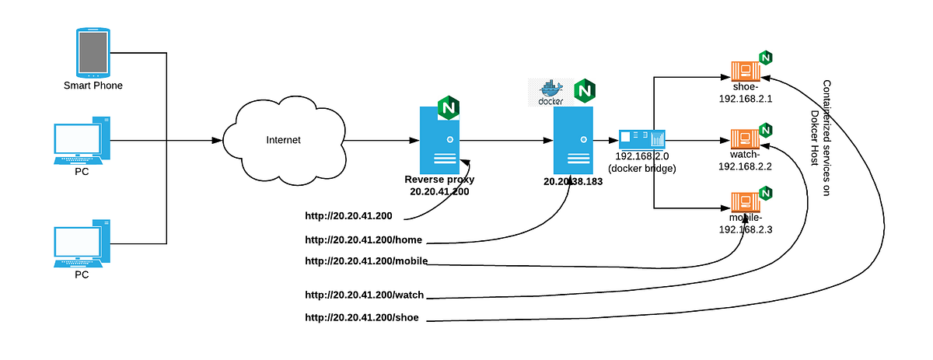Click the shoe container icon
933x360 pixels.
(x=744, y=72)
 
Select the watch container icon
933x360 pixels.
(x=744, y=140)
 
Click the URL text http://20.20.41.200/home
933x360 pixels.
(x=363, y=239)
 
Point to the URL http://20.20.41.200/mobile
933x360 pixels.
(x=366, y=260)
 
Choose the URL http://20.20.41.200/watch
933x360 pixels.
(x=364, y=295)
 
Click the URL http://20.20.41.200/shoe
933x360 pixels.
(x=362, y=317)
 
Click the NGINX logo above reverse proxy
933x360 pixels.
(x=448, y=107)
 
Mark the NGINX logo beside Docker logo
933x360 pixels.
(x=584, y=91)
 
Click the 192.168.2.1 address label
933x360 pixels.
(x=745, y=99)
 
